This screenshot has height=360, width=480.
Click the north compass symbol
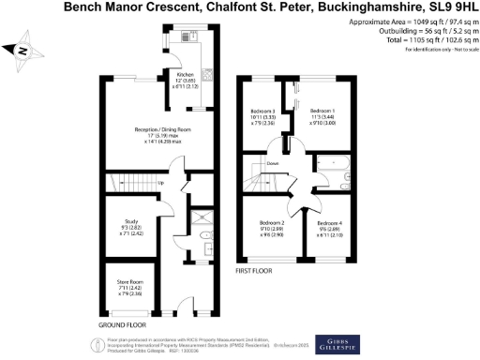(21, 52)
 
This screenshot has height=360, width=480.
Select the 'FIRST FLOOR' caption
(256, 270)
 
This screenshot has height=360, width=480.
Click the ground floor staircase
(131, 182)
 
